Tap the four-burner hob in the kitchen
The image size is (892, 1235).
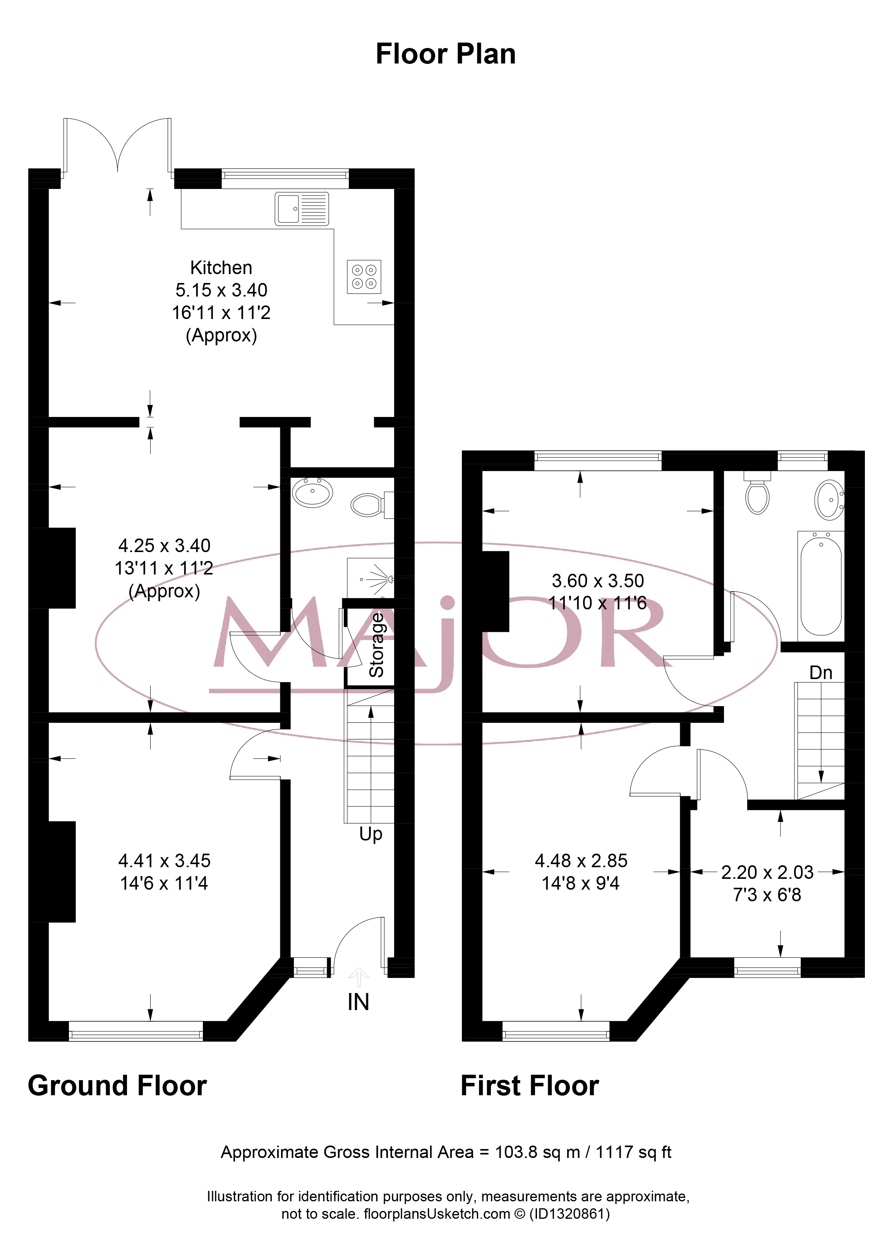point(364,277)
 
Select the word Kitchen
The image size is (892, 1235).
point(221,268)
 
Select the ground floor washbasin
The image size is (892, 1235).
point(312,493)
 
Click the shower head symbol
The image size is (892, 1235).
point(381,579)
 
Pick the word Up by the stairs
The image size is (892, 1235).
point(371,835)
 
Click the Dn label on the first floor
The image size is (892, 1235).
point(821,672)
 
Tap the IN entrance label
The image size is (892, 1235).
point(359,1002)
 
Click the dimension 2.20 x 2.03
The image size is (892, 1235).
point(767,872)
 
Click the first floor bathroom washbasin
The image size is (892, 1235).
point(829,500)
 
